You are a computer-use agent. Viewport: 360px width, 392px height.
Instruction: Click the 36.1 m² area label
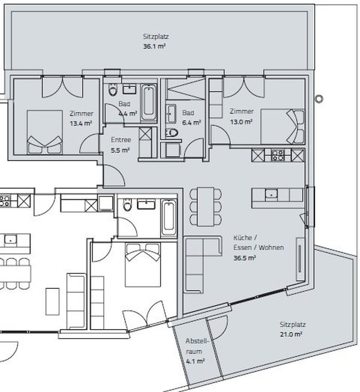coord(154,47)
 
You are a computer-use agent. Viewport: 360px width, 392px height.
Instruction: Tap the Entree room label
coord(121,140)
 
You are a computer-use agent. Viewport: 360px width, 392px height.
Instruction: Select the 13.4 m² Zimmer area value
coord(81,123)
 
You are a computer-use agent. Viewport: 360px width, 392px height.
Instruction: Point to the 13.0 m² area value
coord(241,122)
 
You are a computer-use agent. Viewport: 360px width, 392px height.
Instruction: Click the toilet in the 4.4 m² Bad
coord(113,90)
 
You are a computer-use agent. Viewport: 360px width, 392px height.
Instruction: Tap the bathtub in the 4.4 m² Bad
coord(149,103)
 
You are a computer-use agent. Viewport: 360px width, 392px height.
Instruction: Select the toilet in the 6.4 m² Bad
coord(172,132)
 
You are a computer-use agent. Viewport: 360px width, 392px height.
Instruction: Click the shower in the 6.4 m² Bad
coord(186,89)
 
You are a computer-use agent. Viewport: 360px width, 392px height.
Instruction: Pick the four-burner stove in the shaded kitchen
coord(278,155)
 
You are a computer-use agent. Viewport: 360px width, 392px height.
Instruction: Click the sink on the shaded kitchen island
coord(271,195)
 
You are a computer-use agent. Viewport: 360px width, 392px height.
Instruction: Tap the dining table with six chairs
coord(206,207)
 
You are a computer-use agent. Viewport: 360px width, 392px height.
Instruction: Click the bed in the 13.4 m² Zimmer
coord(45,132)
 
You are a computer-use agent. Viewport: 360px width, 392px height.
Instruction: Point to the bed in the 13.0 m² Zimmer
coord(283,126)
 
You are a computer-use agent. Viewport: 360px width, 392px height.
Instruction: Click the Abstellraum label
coord(197,346)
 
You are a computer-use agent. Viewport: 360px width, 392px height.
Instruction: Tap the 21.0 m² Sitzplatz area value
coord(291,334)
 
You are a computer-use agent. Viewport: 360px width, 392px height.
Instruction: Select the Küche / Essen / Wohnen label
coord(259,243)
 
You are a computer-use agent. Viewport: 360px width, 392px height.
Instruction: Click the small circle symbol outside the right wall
coord(319,99)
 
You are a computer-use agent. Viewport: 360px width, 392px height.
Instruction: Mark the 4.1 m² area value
coord(196,361)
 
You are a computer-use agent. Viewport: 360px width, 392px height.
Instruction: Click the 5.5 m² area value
coord(120,150)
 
